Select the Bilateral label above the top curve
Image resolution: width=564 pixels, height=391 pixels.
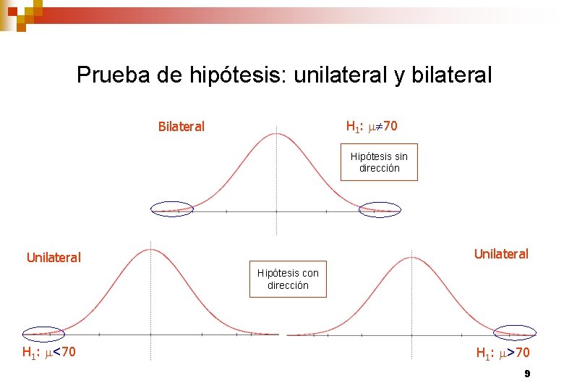[181, 127]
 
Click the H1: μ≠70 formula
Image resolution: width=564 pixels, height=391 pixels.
[372, 127]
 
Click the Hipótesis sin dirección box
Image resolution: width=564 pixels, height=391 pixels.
[379, 162]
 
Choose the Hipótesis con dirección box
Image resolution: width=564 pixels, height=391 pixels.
[288, 279]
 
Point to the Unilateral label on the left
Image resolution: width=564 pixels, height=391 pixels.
[54, 257]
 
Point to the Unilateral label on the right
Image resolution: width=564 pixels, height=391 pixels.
[501, 254]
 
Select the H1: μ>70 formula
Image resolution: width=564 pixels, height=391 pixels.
[503, 353]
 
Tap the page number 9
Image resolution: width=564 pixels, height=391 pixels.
[527, 374]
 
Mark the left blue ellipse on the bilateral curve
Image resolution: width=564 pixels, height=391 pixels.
[171, 209]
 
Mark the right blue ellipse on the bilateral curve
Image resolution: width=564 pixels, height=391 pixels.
[380, 209]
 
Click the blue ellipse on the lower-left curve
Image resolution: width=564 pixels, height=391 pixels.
[43, 333]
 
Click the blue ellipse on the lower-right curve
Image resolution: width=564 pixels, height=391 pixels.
[514, 332]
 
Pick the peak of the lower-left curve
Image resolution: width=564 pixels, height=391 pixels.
[150, 251]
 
